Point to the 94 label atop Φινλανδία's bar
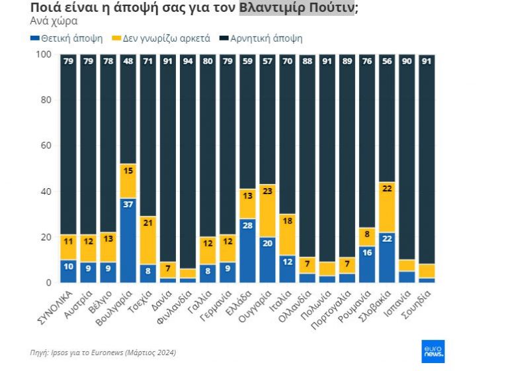(x=189, y=63)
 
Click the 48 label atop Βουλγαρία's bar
(x=128, y=63)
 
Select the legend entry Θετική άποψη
(x=67, y=38)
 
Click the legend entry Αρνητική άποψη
(x=263, y=38)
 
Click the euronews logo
(x=433, y=351)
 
